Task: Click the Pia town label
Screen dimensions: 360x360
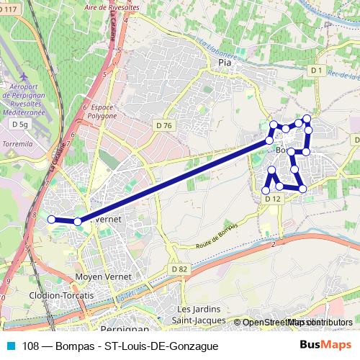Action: click(223, 63)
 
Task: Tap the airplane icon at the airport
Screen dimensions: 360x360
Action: click(24, 76)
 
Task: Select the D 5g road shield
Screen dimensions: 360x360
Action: click(19, 125)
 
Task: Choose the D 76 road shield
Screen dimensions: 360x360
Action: click(163, 125)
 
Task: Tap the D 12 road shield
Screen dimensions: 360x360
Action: click(271, 198)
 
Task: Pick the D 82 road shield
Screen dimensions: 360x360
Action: click(179, 269)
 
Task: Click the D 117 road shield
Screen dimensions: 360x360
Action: click(9, 9)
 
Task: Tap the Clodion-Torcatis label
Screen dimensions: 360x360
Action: click(61, 296)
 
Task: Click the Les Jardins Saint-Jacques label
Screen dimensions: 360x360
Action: click(202, 315)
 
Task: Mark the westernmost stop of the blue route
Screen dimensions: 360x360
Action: click(51, 219)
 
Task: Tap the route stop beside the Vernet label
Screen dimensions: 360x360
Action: click(78, 221)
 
